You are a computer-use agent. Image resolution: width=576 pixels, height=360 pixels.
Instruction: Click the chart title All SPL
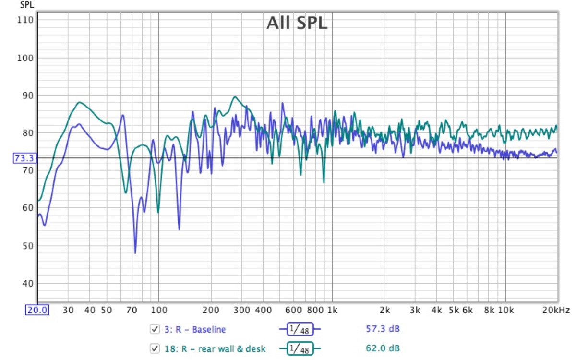[297, 23]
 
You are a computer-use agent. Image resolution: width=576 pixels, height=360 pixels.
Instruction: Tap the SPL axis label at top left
[27, 5]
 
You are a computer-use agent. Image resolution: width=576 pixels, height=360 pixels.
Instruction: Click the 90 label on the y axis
[27, 96]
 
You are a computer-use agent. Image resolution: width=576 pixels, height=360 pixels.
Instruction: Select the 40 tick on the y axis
[27, 283]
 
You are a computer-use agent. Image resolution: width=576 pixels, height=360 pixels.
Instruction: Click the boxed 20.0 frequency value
[37, 310]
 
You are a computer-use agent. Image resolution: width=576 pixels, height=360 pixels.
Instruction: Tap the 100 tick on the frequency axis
[158, 310]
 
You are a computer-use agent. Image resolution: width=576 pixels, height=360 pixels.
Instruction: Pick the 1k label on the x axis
[332, 310]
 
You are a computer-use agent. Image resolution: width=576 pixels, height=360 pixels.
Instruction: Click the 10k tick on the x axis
[505, 310]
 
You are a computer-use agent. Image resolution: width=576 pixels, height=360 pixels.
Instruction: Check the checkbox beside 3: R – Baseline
[155, 329]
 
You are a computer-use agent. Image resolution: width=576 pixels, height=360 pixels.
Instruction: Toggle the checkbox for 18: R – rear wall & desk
[155, 348]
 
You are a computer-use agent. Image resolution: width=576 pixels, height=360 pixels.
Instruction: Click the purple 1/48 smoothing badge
[300, 329]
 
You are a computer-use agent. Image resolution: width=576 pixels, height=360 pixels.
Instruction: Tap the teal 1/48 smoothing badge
[300, 348]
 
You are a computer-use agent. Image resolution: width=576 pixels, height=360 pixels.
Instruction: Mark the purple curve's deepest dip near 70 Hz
[135, 253]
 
